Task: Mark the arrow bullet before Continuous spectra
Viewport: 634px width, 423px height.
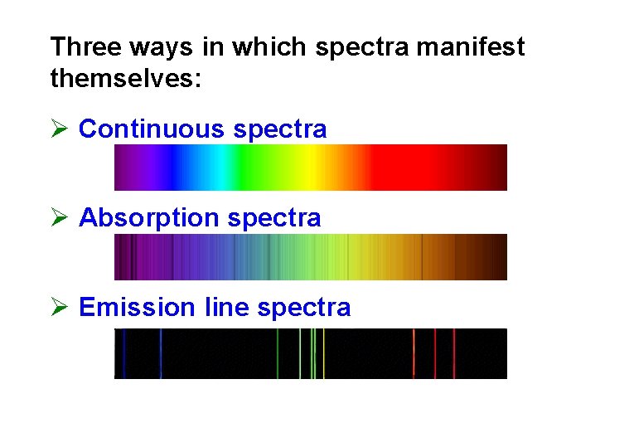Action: pos(58,129)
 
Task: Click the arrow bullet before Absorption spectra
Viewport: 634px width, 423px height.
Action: pos(58,218)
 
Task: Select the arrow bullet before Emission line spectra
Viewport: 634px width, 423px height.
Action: pos(58,308)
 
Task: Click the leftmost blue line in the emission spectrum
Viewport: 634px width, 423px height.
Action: pos(123,354)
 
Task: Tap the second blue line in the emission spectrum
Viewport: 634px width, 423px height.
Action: pos(161,354)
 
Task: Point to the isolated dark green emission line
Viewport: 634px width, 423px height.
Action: pos(278,354)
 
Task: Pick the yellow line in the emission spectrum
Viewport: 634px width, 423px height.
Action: pos(323,354)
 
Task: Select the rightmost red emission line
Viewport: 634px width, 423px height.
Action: pos(454,354)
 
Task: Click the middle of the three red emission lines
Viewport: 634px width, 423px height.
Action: pos(435,354)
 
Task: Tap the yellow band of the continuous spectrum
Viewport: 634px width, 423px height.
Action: pos(308,168)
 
